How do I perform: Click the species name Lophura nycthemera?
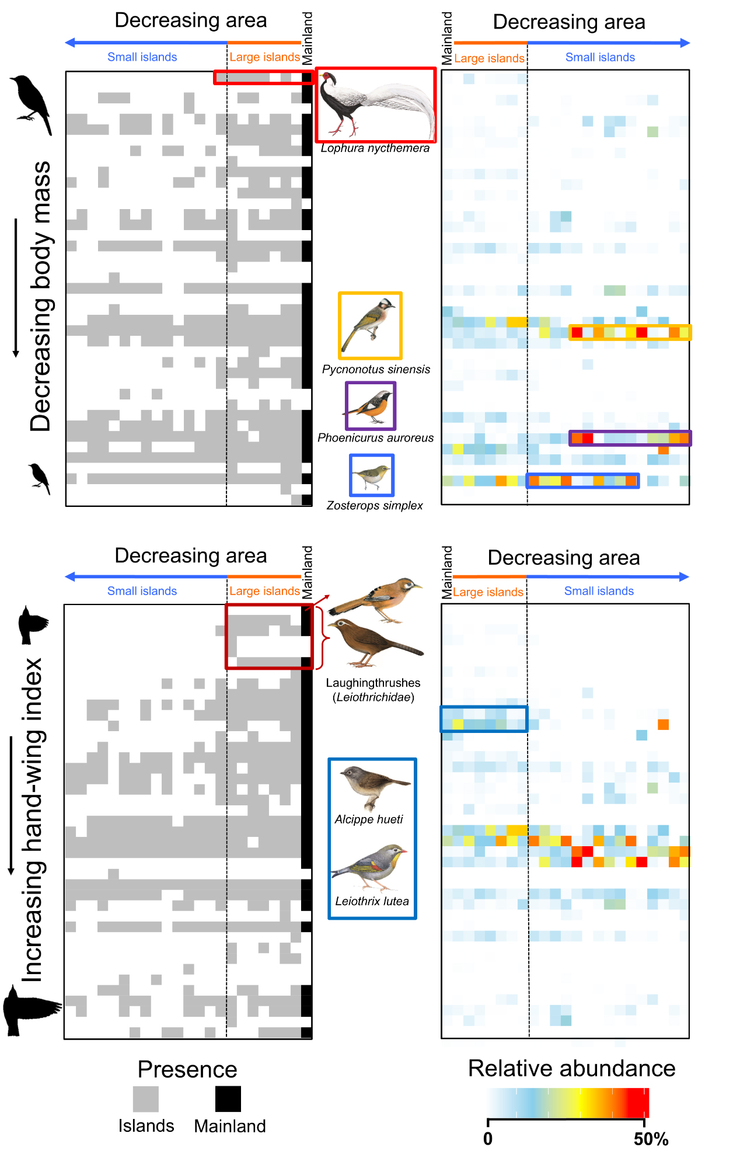[375, 148]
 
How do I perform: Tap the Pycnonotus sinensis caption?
[376, 369]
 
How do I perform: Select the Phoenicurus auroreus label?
[375, 437]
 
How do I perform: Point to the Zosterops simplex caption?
[374, 505]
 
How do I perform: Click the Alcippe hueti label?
[369, 819]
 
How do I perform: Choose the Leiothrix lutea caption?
[372, 901]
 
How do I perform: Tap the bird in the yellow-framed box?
[369, 325]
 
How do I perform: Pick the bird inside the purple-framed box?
[370, 405]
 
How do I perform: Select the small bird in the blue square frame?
[372, 474]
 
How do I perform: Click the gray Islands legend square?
[145, 1099]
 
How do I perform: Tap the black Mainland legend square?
[228, 1099]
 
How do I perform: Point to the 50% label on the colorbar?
[651, 1139]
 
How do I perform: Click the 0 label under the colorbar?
[488, 1139]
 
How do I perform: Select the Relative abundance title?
[571, 1068]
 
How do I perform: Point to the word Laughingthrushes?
[373, 683]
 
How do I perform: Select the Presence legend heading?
[187, 1069]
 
